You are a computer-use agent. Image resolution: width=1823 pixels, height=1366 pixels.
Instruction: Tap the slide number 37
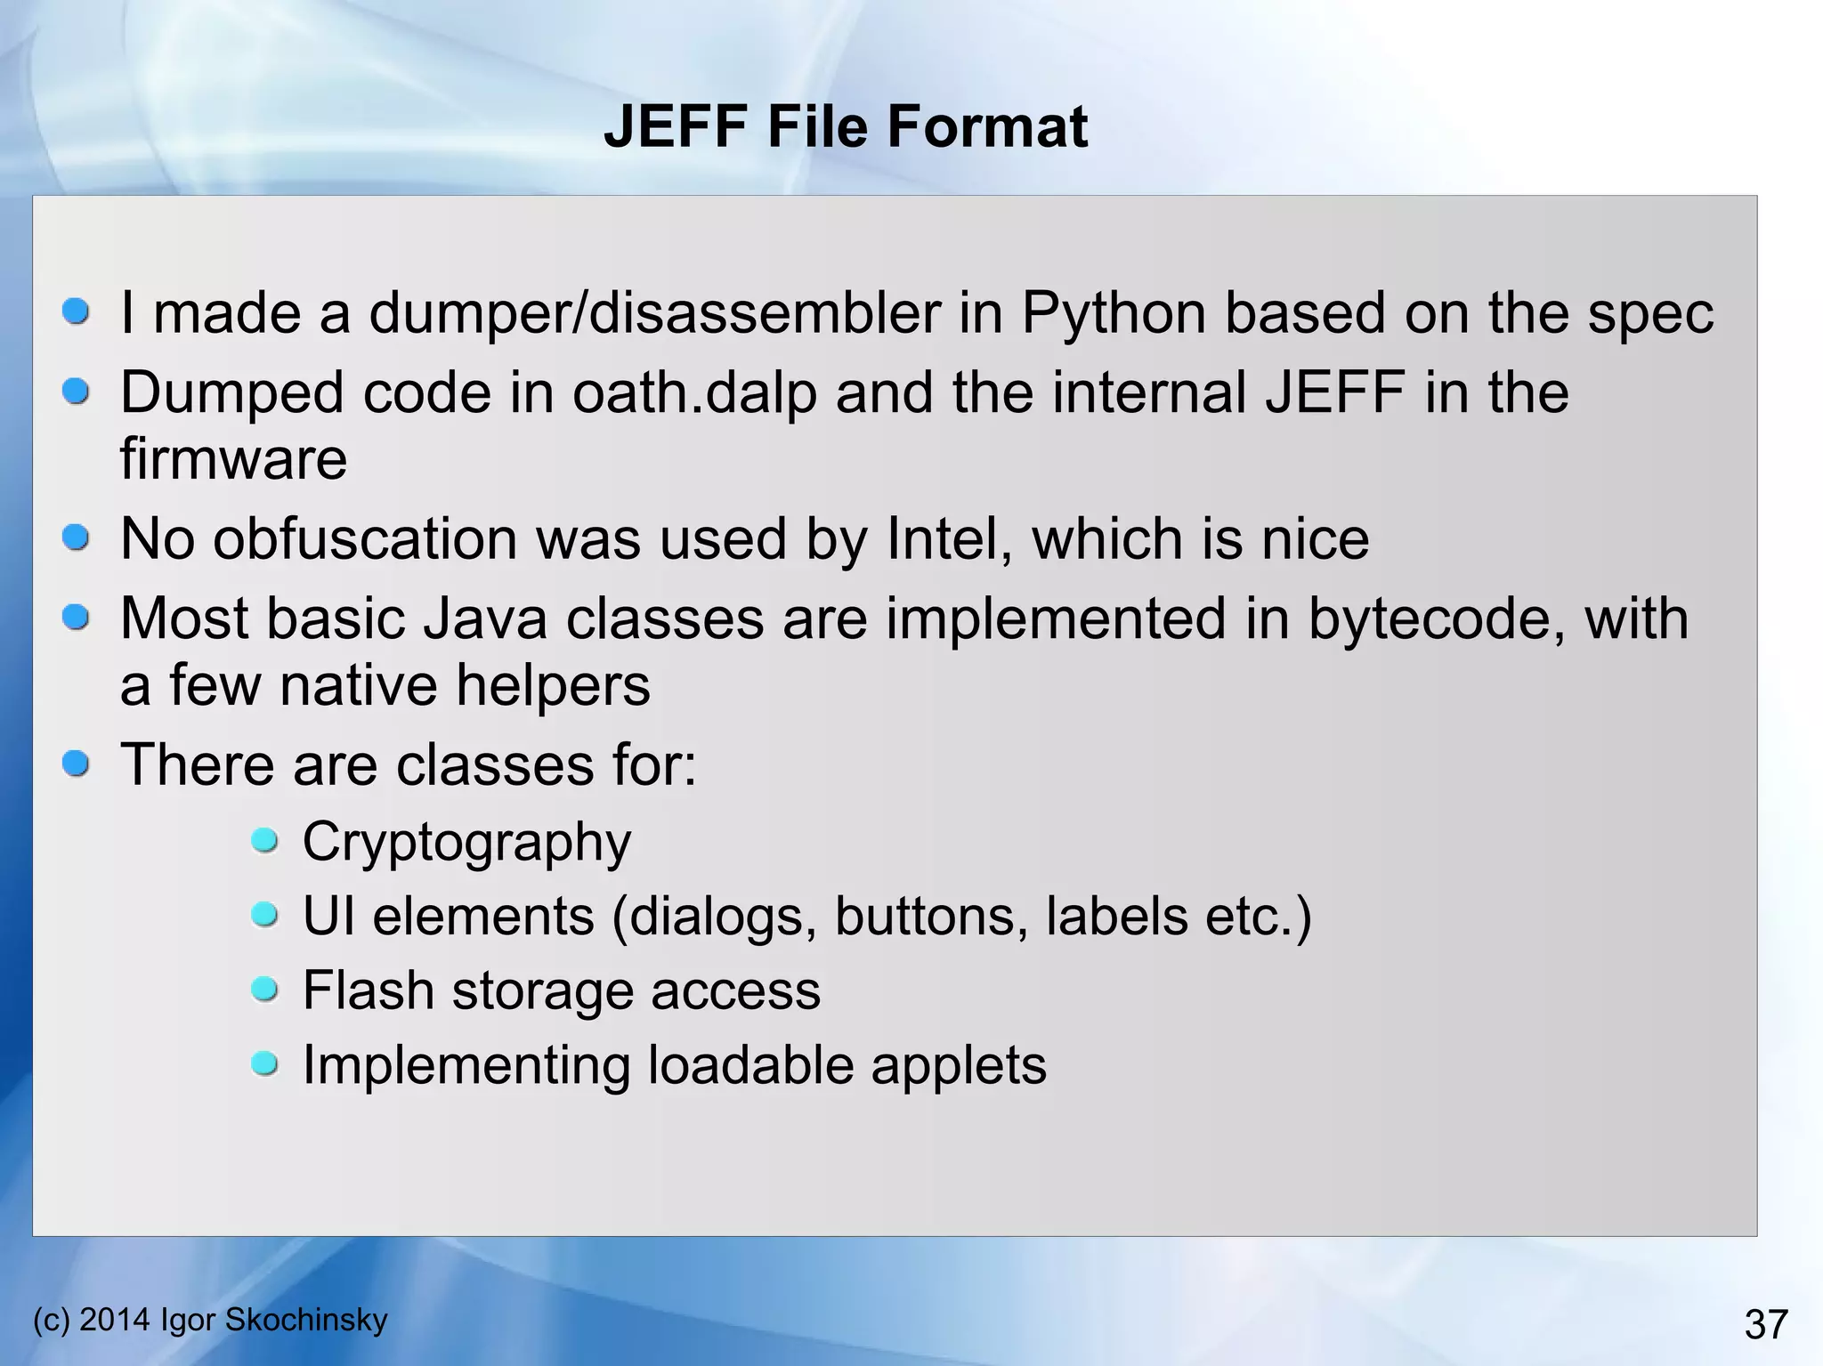click(1766, 1324)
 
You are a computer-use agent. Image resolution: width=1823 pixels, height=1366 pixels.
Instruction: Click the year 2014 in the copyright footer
click(115, 1319)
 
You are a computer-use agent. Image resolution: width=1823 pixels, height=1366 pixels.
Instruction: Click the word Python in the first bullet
click(1113, 313)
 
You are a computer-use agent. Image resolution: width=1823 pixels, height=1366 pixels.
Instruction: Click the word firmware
click(233, 458)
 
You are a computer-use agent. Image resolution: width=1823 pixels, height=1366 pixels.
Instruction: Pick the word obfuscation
click(426, 538)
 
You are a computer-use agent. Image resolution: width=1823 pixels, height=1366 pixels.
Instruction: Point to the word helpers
click(553, 685)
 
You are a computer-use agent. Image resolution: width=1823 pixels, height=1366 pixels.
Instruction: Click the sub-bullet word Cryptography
click(466, 842)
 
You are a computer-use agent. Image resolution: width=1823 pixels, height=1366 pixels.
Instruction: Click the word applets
click(959, 1065)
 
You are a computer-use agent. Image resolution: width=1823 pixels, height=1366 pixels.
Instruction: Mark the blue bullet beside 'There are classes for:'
click(77, 763)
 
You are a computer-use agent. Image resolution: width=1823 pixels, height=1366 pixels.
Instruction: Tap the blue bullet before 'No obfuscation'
click(77, 537)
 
